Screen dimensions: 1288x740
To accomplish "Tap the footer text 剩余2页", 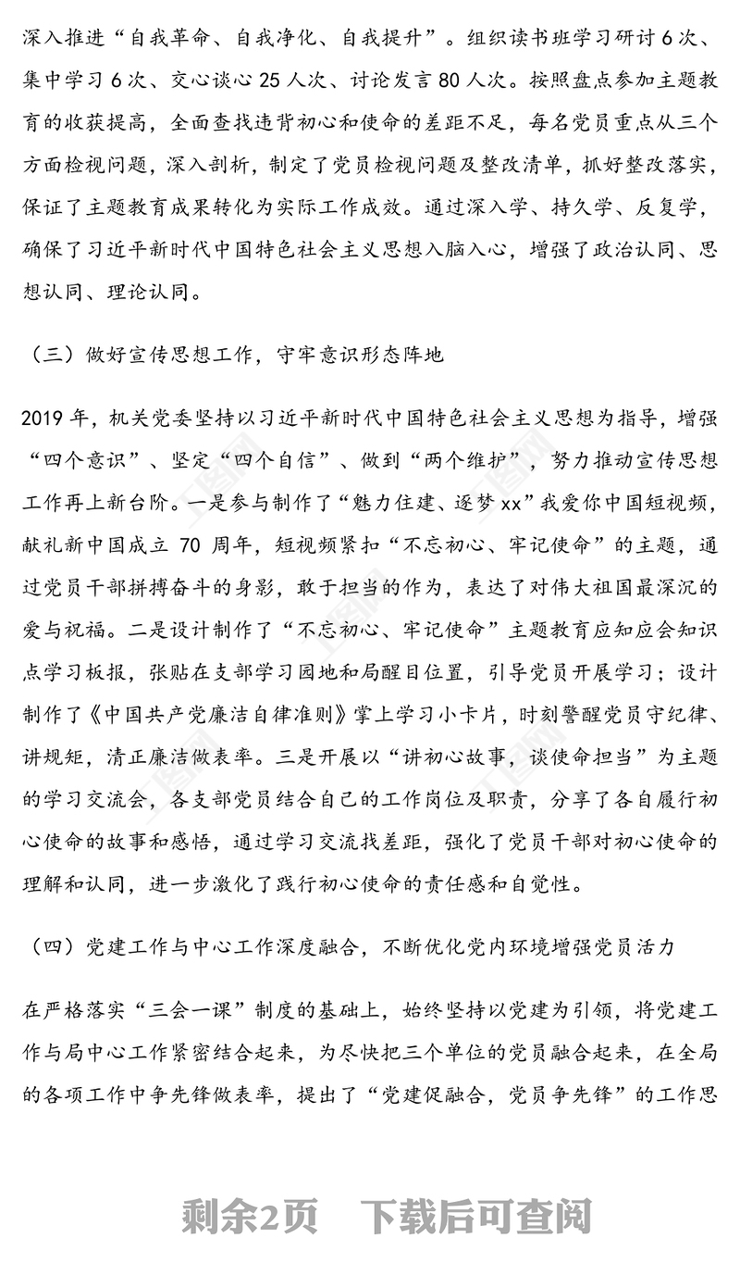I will tap(250, 1218).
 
